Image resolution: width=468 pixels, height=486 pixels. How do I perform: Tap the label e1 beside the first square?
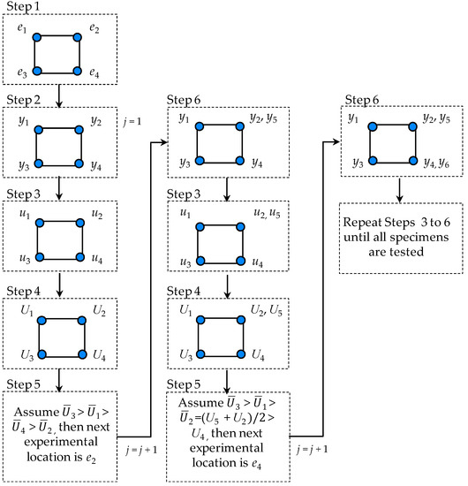tap(22, 29)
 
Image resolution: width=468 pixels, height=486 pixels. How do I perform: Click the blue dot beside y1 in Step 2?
tap(37, 129)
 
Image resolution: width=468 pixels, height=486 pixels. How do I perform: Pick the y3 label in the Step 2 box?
tap(21, 163)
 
